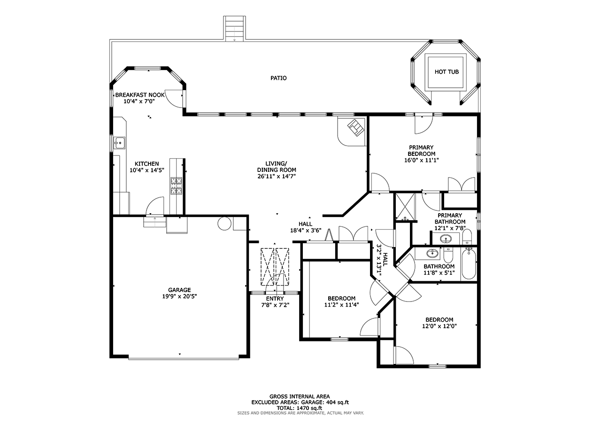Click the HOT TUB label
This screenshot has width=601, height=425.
(x=446, y=72)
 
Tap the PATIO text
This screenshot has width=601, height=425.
(x=278, y=78)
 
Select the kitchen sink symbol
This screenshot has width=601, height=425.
(x=120, y=142)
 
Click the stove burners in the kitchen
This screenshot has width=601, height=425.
(x=176, y=185)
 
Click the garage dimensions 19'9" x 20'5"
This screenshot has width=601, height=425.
(x=179, y=296)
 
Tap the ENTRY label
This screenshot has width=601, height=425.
(x=275, y=299)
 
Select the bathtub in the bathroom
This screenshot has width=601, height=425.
(x=469, y=265)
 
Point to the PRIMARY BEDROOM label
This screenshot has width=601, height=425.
(x=421, y=150)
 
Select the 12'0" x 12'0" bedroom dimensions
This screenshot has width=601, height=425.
(x=439, y=326)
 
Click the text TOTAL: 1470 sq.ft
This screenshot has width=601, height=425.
(x=300, y=408)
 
